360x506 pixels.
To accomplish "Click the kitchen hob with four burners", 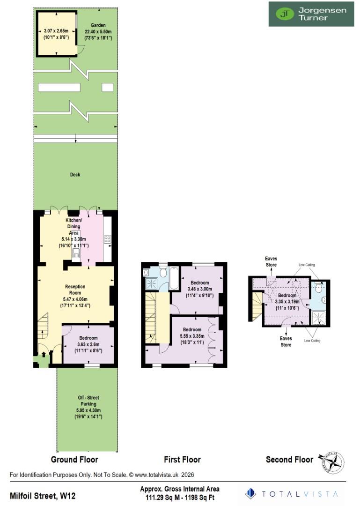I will (107, 239).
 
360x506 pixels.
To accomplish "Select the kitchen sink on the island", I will (76, 253).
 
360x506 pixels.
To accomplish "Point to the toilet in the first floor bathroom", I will (162, 272).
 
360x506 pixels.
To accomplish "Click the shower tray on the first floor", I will (152, 283).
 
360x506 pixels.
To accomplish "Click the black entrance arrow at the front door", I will (44, 355).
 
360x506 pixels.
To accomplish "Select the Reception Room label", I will (74, 290).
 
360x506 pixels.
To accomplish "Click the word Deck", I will (75, 175).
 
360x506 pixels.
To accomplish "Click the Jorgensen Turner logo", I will (311, 14).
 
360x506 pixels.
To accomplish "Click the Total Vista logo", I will (293, 493).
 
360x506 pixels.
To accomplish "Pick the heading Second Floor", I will (289, 460).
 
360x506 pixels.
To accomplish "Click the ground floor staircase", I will (44, 326).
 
